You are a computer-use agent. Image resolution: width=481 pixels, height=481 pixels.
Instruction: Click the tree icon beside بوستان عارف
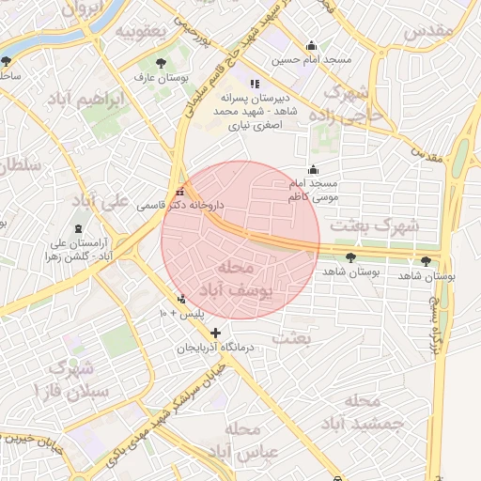(163, 63)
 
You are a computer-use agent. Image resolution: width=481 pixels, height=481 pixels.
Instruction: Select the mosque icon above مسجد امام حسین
(312, 46)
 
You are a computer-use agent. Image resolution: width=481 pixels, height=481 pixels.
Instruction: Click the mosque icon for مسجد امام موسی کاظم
(313, 169)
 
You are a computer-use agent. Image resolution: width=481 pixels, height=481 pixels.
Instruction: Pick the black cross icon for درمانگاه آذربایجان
(216, 333)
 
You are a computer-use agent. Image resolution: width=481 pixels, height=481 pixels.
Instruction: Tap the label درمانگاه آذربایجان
(221, 349)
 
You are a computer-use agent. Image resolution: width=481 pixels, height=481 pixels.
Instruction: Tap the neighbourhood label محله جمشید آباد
(374, 411)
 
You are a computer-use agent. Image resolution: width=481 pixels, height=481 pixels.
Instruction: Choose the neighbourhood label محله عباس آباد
(243, 442)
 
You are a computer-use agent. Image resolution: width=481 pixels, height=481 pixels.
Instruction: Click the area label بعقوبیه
(140, 30)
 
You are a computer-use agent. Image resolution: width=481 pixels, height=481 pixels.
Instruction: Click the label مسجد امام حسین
(312, 60)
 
